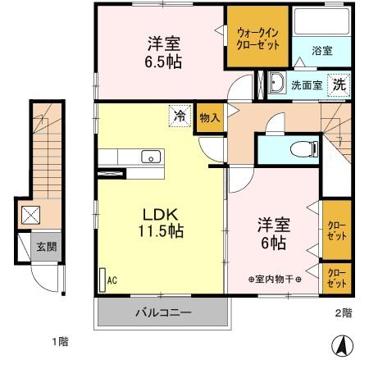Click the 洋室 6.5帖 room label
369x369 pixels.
[x=164, y=52]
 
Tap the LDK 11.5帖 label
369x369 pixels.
[x=158, y=221]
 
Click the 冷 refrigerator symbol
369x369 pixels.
[x=178, y=116]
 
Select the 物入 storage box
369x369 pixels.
[x=209, y=117]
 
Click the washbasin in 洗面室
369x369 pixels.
[x=276, y=83]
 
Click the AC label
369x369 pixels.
[x=113, y=280]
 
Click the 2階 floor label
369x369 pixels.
[x=342, y=312]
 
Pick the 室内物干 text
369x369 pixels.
[x=275, y=280]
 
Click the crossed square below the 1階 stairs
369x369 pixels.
[x=30, y=216]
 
